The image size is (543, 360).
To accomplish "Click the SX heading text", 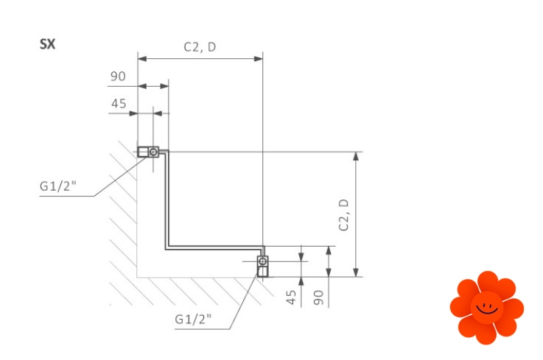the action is (x=47, y=44).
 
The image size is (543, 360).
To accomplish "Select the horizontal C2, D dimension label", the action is (x=200, y=47).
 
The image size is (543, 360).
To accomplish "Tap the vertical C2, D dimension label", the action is (x=343, y=215).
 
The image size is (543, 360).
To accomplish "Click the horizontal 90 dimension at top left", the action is (x=118, y=76).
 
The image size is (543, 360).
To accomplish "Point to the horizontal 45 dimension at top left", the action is (x=119, y=104).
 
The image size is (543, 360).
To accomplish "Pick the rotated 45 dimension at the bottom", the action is (x=291, y=297).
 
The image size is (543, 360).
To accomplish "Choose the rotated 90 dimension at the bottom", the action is (x=318, y=297).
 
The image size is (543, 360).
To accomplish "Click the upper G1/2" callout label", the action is (x=57, y=186).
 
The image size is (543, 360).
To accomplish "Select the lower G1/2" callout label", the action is (x=193, y=319).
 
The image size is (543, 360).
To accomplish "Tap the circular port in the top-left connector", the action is (x=153, y=152).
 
